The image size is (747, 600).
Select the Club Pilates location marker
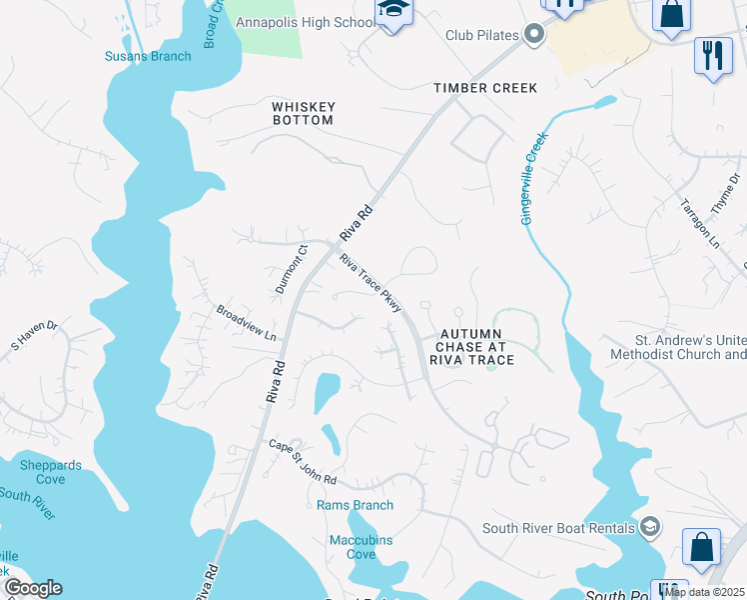pyautogui.click(x=534, y=36)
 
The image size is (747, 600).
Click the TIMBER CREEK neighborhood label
pyautogui.click(x=485, y=88)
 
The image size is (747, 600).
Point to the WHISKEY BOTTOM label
pyautogui.click(x=304, y=113)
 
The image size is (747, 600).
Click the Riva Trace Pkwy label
pyautogui.click(x=370, y=283)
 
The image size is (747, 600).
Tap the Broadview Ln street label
pyautogui.click(x=246, y=323)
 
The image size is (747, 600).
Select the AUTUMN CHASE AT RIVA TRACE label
pyautogui.click(x=472, y=346)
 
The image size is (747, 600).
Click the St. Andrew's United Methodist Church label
pyautogui.click(x=676, y=347)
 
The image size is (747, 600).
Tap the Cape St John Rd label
pyautogui.click(x=303, y=461)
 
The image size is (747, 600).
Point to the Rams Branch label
pyautogui.click(x=355, y=505)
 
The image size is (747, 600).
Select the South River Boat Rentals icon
pyautogui.click(x=650, y=527)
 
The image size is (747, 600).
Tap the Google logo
pyautogui.click(x=33, y=588)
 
